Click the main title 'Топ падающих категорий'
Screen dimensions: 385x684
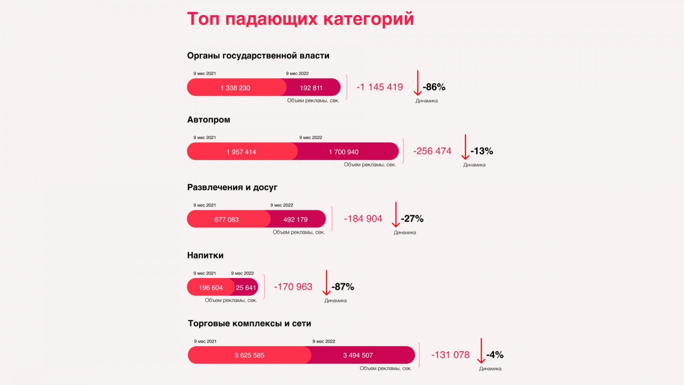(x=300, y=19)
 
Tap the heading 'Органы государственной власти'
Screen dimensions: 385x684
(x=258, y=56)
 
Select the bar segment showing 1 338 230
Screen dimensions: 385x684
(x=236, y=88)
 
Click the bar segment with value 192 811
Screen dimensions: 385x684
(x=312, y=88)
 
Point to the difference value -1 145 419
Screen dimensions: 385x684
(x=380, y=87)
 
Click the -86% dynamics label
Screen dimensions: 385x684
(x=434, y=87)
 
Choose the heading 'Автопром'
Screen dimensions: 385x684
(x=209, y=120)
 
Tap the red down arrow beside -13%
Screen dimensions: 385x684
(x=466, y=147)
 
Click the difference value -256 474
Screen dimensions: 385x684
(x=432, y=151)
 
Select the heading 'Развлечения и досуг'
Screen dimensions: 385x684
(x=232, y=187)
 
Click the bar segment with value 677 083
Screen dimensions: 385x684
(x=227, y=219)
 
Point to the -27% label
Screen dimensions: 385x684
(x=412, y=219)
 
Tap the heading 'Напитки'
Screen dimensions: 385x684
(x=205, y=255)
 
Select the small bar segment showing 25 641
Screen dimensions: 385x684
(x=246, y=287)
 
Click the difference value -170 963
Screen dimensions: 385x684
(x=293, y=287)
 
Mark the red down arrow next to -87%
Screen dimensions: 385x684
(x=327, y=283)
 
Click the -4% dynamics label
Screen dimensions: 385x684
(x=495, y=355)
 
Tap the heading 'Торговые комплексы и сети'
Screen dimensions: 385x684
(x=250, y=323)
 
